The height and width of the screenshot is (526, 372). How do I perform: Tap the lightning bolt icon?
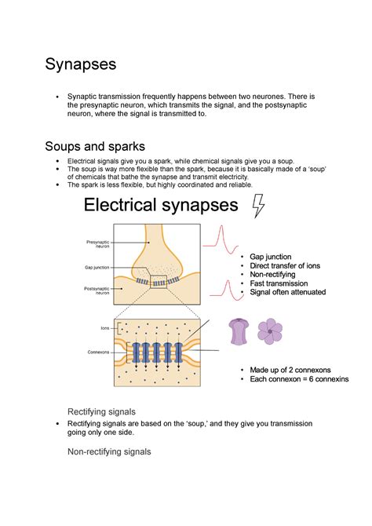pos(257,206)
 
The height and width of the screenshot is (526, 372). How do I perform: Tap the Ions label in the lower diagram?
pos(105,327)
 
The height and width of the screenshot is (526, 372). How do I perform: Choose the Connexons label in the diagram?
pos(100,352)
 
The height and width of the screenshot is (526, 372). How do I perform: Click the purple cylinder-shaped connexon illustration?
pos(239,332)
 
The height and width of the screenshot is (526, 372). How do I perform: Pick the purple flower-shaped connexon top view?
pos(271,331)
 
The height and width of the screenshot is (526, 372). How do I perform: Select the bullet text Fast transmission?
pos(279,284)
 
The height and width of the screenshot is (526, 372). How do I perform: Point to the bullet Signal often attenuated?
pos(288,293)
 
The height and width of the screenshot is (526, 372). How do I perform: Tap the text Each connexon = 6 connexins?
pos(299,379)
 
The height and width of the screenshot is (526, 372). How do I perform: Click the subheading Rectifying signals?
pos(102,411)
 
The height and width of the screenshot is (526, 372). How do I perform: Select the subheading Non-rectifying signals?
pos(109,451)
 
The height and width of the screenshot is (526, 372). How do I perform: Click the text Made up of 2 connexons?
pos(290,370)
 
